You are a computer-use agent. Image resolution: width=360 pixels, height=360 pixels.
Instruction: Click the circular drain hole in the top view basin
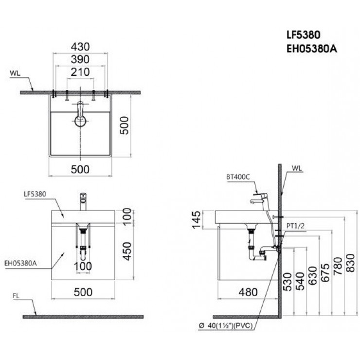coord(81,121)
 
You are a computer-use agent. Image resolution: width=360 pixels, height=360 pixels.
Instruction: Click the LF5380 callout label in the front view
coord(35,194)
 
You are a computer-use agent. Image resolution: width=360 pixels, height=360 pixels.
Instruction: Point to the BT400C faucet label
coord(237,177)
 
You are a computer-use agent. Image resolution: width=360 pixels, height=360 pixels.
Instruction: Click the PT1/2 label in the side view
coord(296,225)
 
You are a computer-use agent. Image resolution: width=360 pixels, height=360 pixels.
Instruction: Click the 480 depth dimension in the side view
coord(248,293)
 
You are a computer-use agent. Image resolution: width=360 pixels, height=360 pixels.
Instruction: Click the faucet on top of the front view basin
coord(83,201)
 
